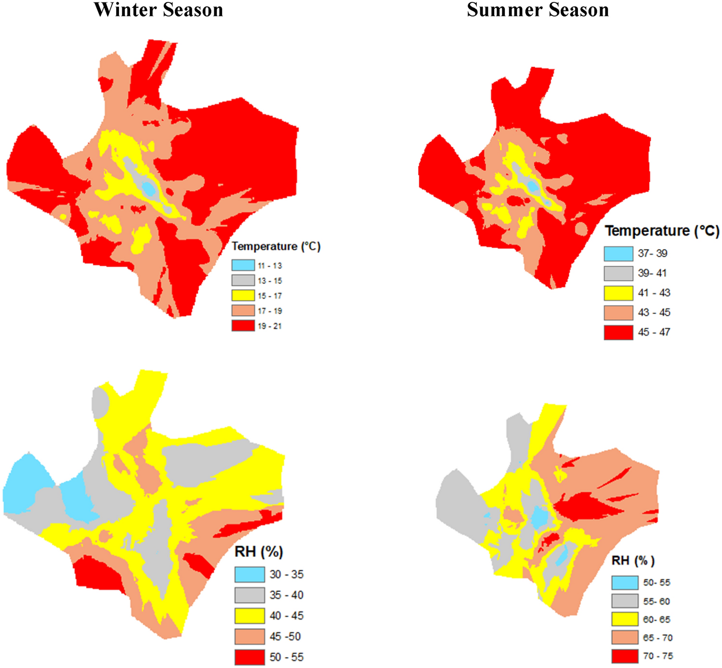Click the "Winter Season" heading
(158, 10)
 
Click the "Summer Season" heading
(538, 10)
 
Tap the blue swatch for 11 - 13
(243, 265)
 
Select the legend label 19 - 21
(270, 326)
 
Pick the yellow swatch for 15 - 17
(243, 295)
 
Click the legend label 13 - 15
(270, 281)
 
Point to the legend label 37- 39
(653, 253)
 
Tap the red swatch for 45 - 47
(618, 332)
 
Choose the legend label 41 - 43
(654, 293)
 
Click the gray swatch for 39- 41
(618, 273)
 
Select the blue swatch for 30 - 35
(249, 574)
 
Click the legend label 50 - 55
(287, 657)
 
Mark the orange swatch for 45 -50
(249, 636)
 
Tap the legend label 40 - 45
(287, 616)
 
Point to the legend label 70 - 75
(658, 656)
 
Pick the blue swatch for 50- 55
(625, 582)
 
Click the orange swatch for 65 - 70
(625, 638)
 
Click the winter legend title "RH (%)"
(259, 552)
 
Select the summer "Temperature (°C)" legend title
(662, 231)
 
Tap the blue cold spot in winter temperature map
(149, 189)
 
